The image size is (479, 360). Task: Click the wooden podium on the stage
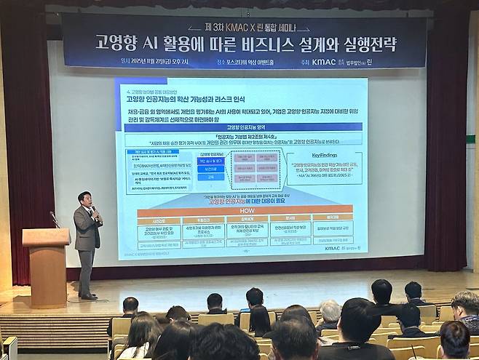point(46,265)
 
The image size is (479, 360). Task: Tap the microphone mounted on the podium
point(54,219)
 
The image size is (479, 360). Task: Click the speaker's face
point(85,200)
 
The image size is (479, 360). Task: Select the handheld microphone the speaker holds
point(93,209)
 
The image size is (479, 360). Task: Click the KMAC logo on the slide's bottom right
point(337,247)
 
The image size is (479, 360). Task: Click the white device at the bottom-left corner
point(9,347)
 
